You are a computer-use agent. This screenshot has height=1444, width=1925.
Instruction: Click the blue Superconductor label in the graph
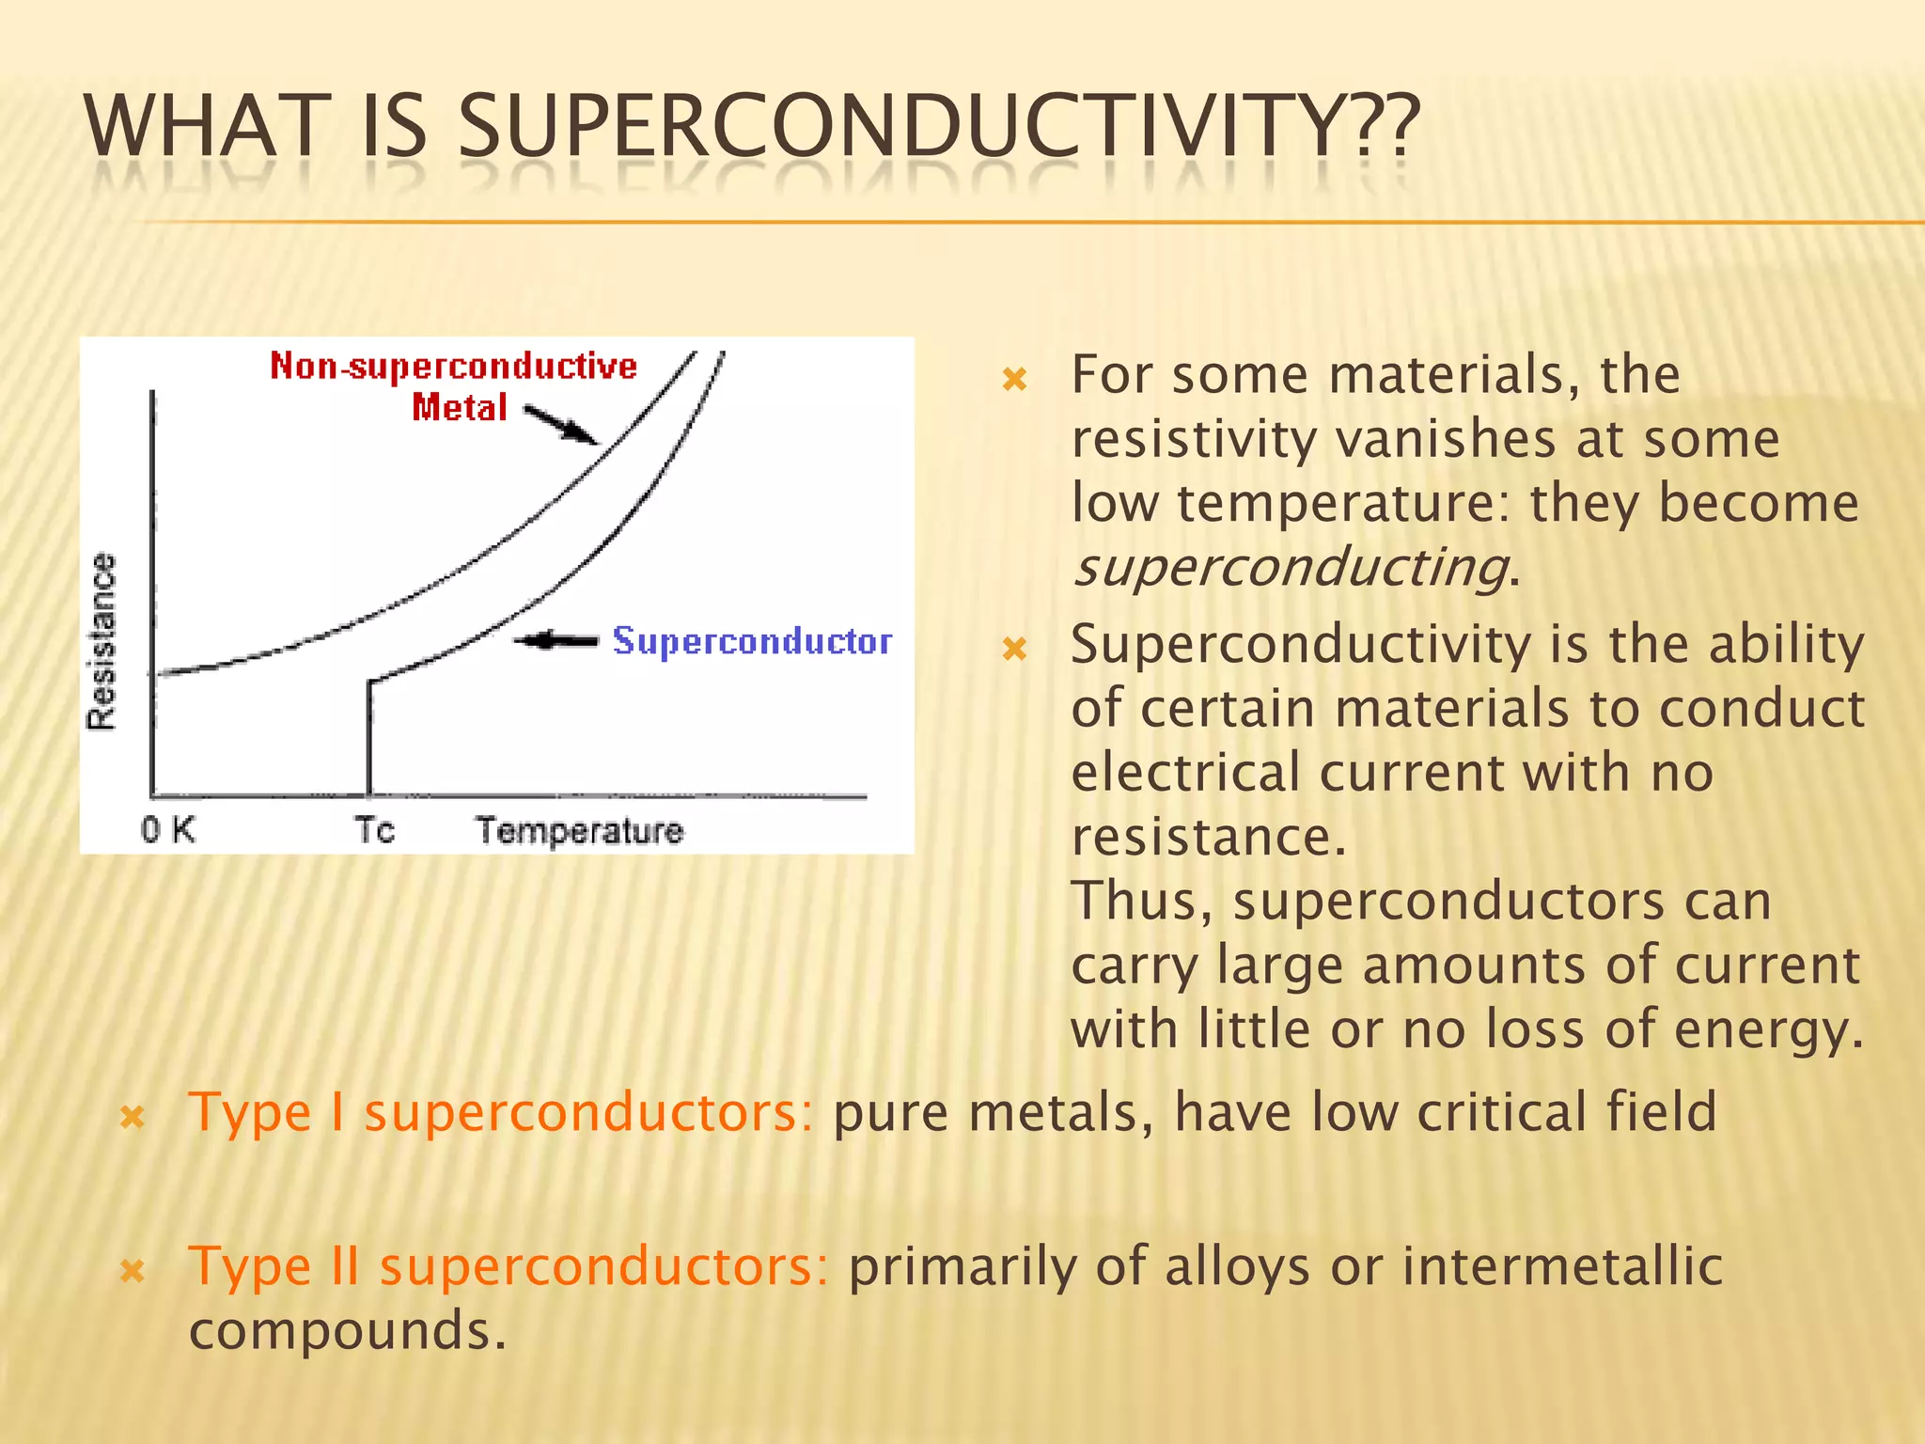point(752,641)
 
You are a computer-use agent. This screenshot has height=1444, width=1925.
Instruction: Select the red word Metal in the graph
point(460,408)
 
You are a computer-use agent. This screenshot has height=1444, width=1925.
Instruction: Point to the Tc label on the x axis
point(374,830)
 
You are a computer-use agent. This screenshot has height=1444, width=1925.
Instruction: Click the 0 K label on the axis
point(168,830)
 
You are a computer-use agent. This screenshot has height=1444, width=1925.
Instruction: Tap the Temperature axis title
point(579,831)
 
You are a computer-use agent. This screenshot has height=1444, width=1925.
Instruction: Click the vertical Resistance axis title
point(102,641)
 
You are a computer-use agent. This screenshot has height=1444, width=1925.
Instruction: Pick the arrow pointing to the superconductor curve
point(556,641)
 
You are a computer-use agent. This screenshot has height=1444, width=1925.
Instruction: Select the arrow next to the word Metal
point(560,425)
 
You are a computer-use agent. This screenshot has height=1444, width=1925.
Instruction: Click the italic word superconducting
point(1291,568)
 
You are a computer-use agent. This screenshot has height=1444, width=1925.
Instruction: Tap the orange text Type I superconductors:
point(500,1113)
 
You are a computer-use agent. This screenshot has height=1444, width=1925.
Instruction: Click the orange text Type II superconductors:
point(509,1266)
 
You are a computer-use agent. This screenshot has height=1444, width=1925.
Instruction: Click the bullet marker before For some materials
point(1015,380)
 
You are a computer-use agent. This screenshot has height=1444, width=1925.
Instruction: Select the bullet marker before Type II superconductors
point(133,1272)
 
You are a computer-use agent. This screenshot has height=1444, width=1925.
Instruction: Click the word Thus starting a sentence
point(1139,902)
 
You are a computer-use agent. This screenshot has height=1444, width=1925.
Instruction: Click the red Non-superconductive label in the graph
point(453,367)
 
